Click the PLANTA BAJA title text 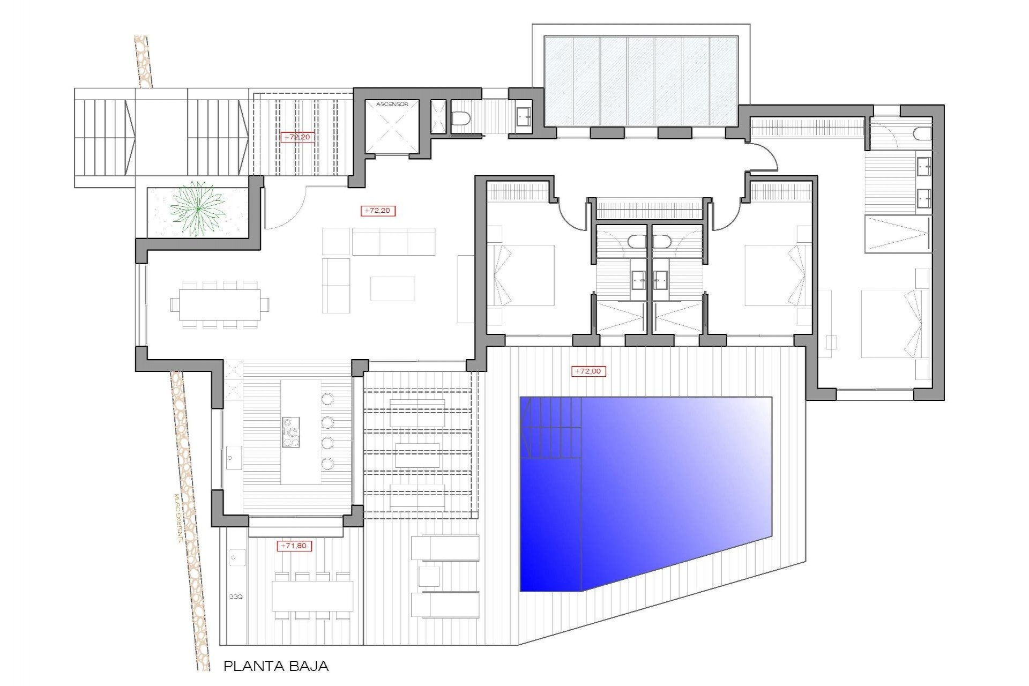pos(275,666)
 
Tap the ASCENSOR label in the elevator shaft pos(392,104)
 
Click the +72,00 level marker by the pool pos(588,371)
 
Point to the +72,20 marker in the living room pos(378,211)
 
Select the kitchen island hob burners pos(291,433)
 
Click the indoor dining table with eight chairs pos(220,304)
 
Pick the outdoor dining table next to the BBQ pos(312,596)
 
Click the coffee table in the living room pos(392,288)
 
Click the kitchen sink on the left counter pos(234,458)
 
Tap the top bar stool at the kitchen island pos(327,399)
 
